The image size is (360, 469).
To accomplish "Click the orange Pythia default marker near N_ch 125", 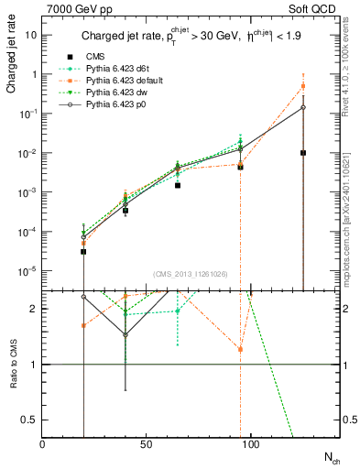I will pos(303,86).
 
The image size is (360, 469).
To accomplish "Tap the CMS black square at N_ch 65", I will pos(153,185).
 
